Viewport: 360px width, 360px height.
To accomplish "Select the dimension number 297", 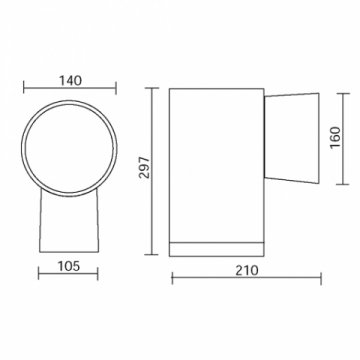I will (x=144, y=171).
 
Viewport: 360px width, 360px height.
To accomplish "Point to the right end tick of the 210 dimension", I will (x=318, y=280).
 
